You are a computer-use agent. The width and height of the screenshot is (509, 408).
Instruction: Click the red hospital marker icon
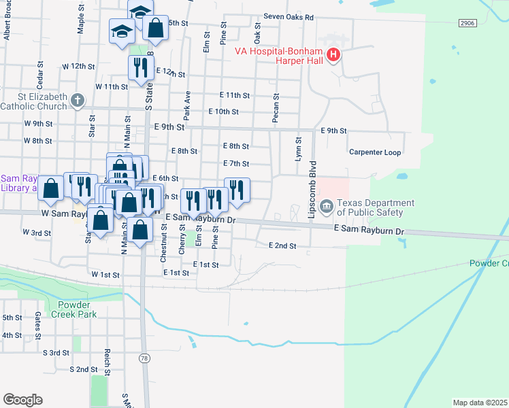pos(333,55)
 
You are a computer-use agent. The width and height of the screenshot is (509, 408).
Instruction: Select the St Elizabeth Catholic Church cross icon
pos(78,100)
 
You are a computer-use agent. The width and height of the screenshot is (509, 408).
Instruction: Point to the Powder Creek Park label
pos(77,309)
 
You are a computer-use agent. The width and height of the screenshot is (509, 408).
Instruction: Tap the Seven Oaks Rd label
pos(289,16)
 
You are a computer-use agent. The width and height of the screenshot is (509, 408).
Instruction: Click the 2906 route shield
pos(467,23)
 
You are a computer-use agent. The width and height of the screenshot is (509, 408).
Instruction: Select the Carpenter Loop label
pos(375,152)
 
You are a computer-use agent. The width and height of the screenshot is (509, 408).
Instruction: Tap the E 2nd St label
pos(282,245)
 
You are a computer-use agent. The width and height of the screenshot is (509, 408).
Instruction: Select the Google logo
pos(22,399)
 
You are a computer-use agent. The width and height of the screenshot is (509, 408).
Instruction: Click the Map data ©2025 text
pos(480,403)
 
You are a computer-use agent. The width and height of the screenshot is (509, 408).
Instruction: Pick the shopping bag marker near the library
pos(51,188)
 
